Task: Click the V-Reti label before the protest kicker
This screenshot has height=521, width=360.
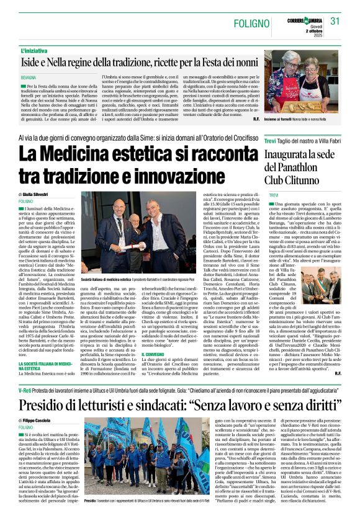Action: (x=26, y=389)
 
